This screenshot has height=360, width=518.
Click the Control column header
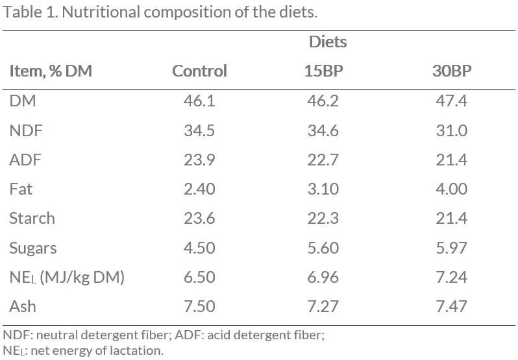coord(199,71)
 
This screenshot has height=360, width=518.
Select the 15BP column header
coord(323,71)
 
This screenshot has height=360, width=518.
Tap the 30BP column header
coord(452,71)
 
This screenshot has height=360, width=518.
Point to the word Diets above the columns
coord(328,42)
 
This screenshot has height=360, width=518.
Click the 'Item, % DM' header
coord(51,71)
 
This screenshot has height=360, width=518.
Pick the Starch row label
coord(32,218)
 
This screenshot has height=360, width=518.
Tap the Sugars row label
coord(32,248)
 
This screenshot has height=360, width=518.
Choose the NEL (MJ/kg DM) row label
coord(66,277)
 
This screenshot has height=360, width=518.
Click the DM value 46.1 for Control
coord(199,101)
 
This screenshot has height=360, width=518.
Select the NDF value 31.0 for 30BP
coord(451,130)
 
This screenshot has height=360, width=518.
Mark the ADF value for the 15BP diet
coord(323,160)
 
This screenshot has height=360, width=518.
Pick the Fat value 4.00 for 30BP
coord(451,189)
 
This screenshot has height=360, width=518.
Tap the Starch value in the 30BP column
coord(451,218)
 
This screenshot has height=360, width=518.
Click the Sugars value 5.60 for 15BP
coord(323,248)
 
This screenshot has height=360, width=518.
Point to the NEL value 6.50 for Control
coord(199,277)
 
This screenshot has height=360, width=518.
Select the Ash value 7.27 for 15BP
coord(323,306)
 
